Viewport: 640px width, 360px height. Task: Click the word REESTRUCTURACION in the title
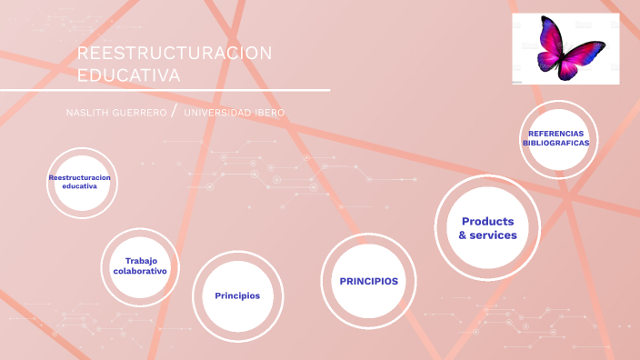174,54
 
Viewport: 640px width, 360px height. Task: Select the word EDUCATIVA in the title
128,75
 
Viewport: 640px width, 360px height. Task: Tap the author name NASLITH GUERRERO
115,113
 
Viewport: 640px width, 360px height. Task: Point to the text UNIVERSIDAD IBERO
234,113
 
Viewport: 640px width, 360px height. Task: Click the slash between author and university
174,112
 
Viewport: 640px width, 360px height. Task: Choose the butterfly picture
565,48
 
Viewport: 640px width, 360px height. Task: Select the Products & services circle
487,227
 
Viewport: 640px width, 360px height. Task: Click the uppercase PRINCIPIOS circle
368,281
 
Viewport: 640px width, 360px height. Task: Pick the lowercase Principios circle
237,295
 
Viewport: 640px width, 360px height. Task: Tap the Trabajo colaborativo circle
140,265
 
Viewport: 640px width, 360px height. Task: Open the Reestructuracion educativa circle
80,182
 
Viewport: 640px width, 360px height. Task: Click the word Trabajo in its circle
141,261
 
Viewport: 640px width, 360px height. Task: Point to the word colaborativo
140,272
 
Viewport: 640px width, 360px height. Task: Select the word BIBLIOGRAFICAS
556,144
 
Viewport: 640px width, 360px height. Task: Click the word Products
487,221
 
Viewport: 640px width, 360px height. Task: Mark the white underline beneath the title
165,91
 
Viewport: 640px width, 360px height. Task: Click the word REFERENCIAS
556,134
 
